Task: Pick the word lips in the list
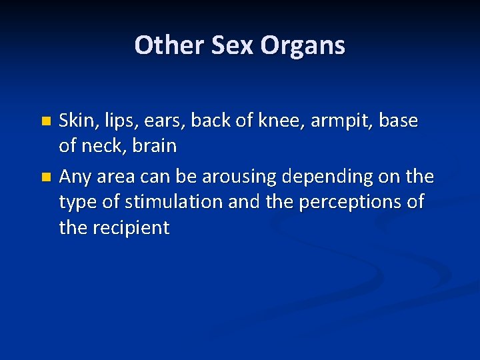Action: [116, 122]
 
